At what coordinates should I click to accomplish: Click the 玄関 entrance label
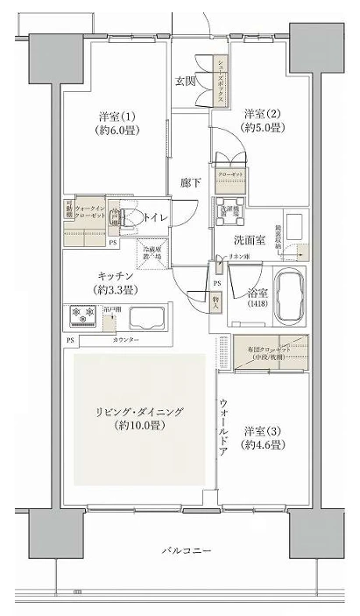tap(184, 81)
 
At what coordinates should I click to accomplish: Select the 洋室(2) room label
tap(262, 121)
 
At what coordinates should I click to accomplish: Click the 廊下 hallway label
tap(191, 182)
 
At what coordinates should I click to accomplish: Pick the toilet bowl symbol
tap(131, 218)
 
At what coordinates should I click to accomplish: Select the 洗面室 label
tap(251, 238)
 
